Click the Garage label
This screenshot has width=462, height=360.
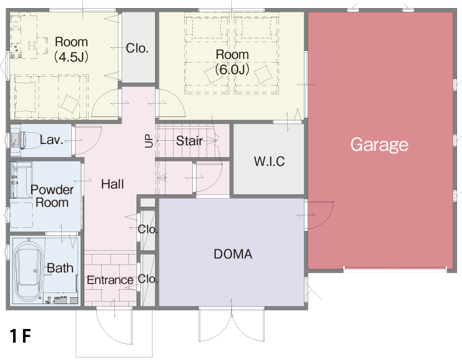point(379,145)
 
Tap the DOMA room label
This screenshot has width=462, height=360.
point(233,254)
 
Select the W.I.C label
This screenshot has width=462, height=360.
point(269,161)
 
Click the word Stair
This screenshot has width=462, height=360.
point(189,141)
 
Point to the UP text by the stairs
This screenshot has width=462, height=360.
point(149,141)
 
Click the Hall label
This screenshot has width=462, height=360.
point(112,184)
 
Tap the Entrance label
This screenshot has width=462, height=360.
point(110,280)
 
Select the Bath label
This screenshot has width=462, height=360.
point(60,268)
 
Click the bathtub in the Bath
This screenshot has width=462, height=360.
point(29,271)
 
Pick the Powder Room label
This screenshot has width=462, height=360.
point(52,196)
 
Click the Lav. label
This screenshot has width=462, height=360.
point(51,140)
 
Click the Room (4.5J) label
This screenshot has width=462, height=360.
point(71,49)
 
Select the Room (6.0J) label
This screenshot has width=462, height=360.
point(232,62)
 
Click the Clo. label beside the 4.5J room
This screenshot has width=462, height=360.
point(137,48)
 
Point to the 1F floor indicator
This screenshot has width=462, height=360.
point(20,336)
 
